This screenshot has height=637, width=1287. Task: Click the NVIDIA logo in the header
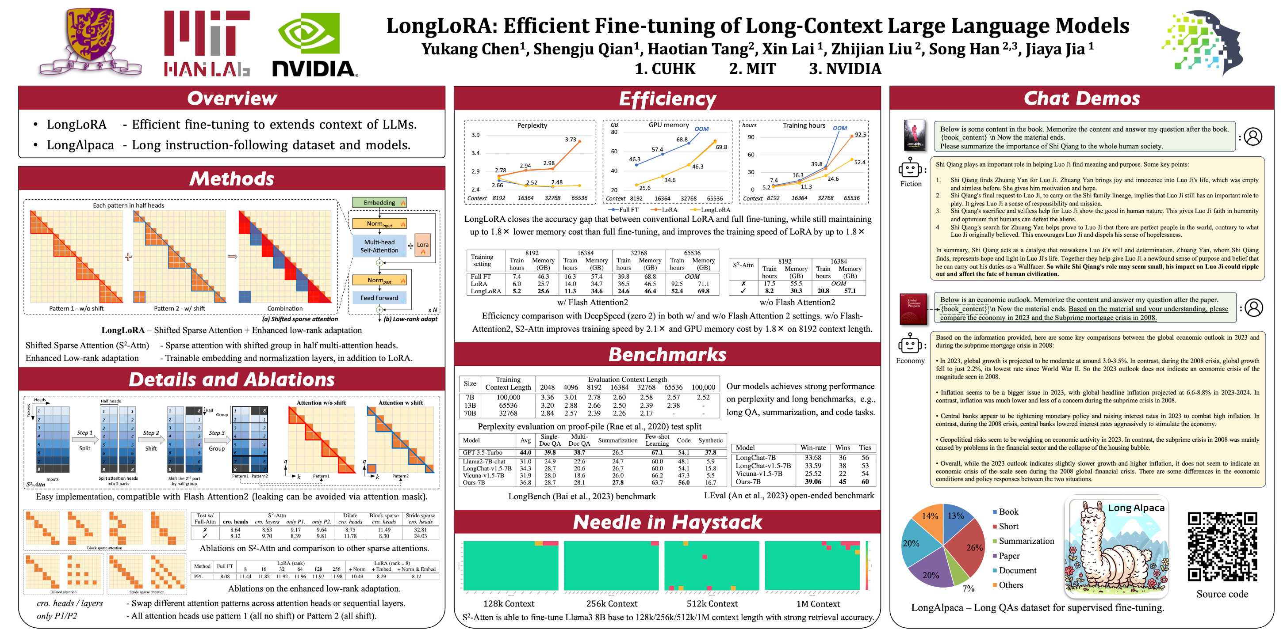tap(315, 45)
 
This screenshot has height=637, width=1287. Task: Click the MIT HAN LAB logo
tap(207, 44)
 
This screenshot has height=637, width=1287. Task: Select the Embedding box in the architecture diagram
tap(379, 203)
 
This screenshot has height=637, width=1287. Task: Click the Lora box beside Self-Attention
tap(423, 245)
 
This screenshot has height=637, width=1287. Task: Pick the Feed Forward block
tap(379, 298)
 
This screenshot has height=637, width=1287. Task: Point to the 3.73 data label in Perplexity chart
tap(570, 140)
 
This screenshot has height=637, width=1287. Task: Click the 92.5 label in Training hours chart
tap(860, 135)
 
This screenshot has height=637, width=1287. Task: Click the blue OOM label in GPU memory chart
tap(701, 129)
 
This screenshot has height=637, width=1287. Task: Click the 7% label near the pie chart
tap(968, 588)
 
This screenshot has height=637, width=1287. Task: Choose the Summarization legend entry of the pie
tap(1026, 541)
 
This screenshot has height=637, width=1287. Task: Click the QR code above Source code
tap(1222, 546)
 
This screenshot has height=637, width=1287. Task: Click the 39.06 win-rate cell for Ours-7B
tap(813, 482)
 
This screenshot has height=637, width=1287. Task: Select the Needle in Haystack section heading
tap(667, 522)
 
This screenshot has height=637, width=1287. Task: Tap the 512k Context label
tap(712, 603)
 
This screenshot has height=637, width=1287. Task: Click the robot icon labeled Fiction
tap(910, 169)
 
